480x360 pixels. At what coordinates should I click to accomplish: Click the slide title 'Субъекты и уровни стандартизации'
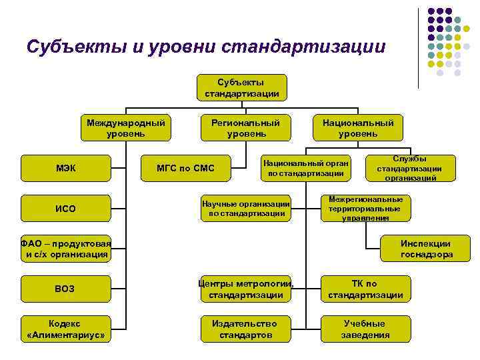tap(206, 47)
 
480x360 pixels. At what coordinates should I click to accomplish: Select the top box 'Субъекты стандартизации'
tap(241, 87)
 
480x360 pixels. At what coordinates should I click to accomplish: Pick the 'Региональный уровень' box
tap(246, 128)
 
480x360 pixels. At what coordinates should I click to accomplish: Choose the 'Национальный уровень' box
tap(358, 128)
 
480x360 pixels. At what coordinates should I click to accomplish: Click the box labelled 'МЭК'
tap(65, 168)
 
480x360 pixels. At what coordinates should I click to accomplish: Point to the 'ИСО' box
tap(65, 209)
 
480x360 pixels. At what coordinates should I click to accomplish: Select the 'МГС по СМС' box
tap(185, 168)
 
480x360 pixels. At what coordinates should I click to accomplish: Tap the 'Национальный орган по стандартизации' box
tap(305, 168)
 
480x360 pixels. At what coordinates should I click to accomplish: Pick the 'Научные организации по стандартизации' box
tap(245, 209)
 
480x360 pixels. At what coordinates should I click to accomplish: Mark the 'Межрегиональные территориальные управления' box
tap(366, 209)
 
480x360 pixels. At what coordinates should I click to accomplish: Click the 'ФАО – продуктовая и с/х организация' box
tap(65, 249)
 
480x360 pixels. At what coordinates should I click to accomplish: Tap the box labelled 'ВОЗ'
tap(65, 289)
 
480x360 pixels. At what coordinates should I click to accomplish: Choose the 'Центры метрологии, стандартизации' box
tap(245, 289)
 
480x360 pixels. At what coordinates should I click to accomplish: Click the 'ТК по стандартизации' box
tap(365, 289)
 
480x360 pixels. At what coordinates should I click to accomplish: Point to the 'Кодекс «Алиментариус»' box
tap(65, 329)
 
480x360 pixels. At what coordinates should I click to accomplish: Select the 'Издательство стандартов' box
tap(245, 329)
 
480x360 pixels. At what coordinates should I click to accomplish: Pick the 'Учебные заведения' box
tap(365, 329)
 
